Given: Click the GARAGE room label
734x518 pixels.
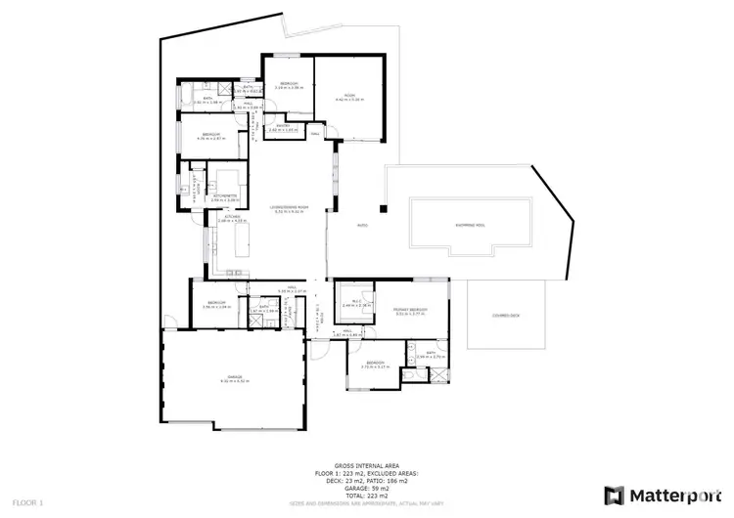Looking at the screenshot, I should pyautogui.click(x=235, y=377).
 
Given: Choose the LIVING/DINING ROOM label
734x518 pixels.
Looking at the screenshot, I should pyautogui.click(x=290, y=206).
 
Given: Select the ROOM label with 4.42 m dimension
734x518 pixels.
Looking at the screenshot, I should pyautogui.click(x=349, y=97).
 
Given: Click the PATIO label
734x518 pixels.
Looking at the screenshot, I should pyautogui.click(x=360, y=224).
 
